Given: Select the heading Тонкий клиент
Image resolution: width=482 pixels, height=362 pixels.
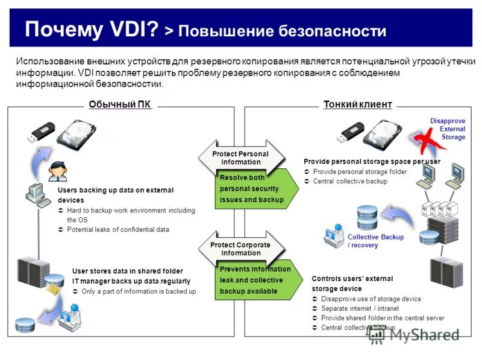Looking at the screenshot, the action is [358, 104].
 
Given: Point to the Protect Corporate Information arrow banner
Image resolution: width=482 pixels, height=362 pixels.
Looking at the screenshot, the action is [240, 249].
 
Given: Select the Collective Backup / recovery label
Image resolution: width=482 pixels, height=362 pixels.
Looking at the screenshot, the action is [368, 241].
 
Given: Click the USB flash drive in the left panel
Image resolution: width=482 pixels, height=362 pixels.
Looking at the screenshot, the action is [40, 132].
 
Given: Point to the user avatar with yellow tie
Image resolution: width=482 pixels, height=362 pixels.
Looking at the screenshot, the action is [58, 171].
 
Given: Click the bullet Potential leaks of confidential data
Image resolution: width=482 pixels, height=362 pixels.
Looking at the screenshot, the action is [118, 230].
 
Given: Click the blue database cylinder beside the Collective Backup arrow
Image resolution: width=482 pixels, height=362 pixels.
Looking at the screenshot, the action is [367, 217].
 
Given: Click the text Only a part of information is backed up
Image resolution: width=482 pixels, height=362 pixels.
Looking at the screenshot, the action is [139, 291].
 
